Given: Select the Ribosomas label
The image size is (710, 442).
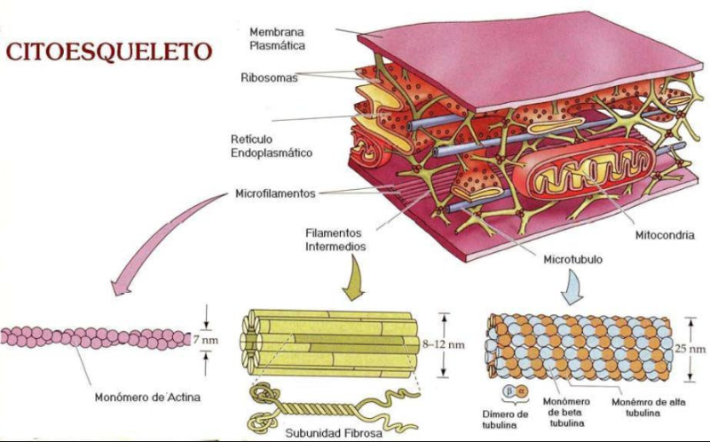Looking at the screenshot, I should (269, 78).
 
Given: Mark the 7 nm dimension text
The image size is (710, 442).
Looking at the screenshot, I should (228, 339).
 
